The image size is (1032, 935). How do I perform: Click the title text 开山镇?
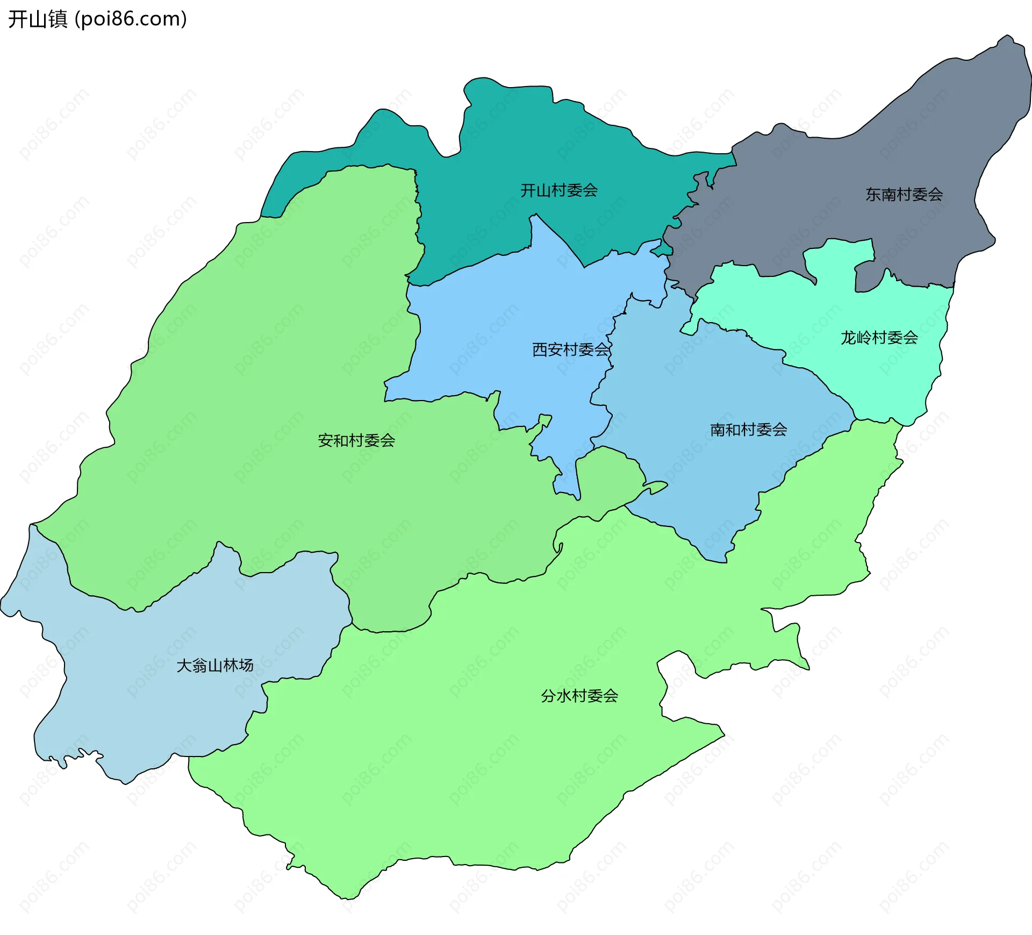coord(38,19)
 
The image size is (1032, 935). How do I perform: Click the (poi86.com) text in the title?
coord(131,19)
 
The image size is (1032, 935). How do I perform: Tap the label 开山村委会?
coord(559,190)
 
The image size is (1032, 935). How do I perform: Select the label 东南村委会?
coord(904,195)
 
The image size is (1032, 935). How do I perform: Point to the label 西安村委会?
coord(571,349)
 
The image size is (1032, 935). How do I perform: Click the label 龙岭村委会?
coord(879,338)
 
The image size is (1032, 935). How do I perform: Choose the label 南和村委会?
coord(749,430)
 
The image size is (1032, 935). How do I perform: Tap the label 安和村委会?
coord(356,440)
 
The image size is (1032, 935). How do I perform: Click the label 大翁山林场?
coord(215,665)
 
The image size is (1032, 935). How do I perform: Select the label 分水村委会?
coord(579,696)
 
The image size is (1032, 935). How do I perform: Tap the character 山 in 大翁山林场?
coord(215,665)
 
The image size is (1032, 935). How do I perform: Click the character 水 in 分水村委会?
coord(564,696)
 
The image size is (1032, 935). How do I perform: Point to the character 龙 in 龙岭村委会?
coord(849,338)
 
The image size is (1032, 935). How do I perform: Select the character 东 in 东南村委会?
coord(873,195)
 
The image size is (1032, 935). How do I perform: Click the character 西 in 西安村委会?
coord(540,349)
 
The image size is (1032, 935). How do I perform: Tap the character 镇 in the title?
coord(58,19)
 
